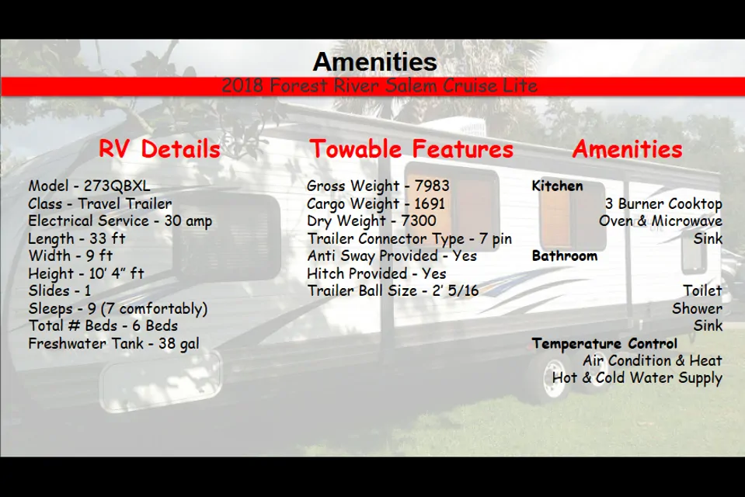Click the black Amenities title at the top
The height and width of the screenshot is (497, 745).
click(x=375, y=62)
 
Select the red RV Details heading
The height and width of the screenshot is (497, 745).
click(x=160, y=149)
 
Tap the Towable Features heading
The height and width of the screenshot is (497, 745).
click(x=412, y=149)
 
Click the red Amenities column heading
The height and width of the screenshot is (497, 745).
click(x=628, y=149)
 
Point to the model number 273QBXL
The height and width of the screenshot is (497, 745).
click(x=117, y=186)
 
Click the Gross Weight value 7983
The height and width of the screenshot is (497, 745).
click(x=432, y=186)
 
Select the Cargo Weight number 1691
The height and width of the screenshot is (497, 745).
click(x=430, y=203)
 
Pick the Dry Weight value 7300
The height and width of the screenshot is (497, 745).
click(x=419, y=221)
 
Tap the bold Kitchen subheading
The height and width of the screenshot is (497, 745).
click(x=557, y=186)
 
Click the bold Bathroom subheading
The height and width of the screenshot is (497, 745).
click(x=565, y=256)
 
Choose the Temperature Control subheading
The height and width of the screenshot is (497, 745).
click(x=604, y=343)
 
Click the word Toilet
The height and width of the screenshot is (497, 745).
click(x=703, y=290)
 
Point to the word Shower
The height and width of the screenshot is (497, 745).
click(x=698, y=308)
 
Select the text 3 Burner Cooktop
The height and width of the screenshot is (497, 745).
click(x=663, y=203)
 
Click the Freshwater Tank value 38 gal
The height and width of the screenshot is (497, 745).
click(x=179, y=343)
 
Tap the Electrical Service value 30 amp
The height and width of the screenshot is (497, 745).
click(x=188, y=221)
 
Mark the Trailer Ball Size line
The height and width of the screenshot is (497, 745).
click(x=393, y=290)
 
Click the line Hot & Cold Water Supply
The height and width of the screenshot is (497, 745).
click(x=637, y=378)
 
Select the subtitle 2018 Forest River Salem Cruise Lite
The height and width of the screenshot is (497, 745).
click(x=380, y=86)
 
